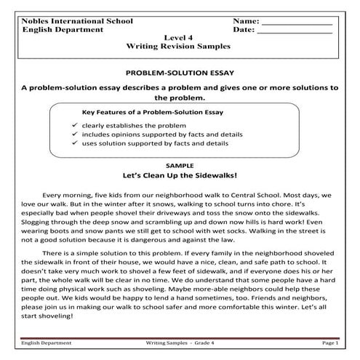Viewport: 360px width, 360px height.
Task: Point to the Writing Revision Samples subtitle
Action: point(178,46)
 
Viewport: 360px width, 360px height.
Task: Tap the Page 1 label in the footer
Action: point(327,341)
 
